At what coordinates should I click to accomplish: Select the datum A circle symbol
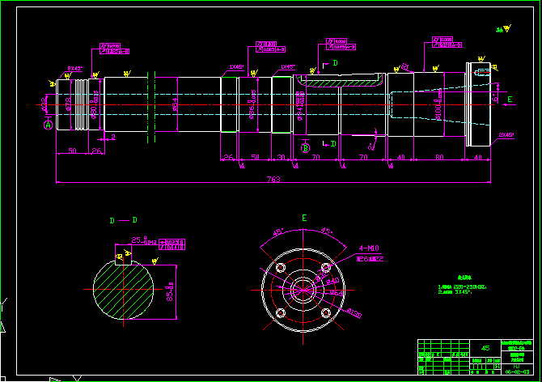pyautogui.click(x=48, y=125)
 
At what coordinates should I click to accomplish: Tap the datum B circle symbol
pyautogui.click(x=305, y=147)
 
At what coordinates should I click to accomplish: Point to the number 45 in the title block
pyautogui.click(x=485, y=346)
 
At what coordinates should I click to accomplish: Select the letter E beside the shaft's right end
pyautogui.click(x=509, y=100)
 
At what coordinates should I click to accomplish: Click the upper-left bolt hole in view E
pyautogui.click(x=282, y=266)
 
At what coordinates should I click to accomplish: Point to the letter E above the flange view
pyautogui.click(x=304, y=219)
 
